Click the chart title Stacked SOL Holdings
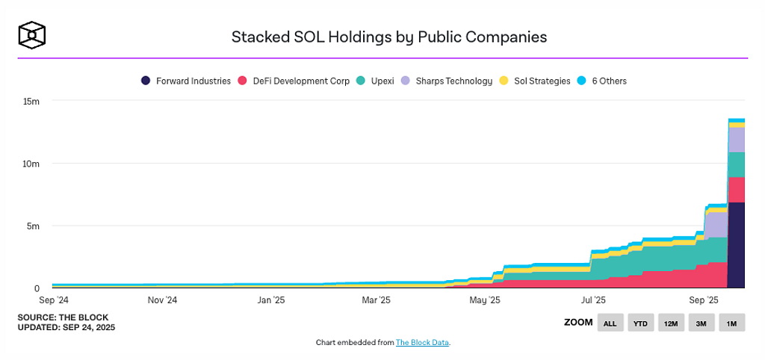[388, 36]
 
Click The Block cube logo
[33, 34]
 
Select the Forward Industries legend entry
[187, 81]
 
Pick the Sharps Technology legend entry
[447, 81]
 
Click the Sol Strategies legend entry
[536, 81]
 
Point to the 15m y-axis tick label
[31, 101]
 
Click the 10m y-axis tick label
[31, 164]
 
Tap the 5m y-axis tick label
[34, 226]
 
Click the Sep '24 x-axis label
[53, 300]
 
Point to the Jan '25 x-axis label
[270, 300]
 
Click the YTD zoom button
[640, 323]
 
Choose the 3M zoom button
[701, 323]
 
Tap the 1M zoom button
[732, 323]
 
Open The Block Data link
[422, 343]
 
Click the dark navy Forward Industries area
[736, 246]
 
